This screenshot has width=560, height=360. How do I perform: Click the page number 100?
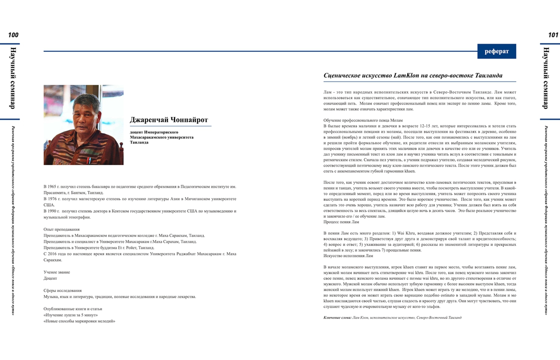point(13,35)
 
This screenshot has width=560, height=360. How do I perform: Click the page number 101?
point(553,35)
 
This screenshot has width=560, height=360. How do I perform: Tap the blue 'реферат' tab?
point(497,52)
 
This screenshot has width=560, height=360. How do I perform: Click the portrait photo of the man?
point(84,125)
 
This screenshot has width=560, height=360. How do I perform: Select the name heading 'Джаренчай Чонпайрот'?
point(169,120)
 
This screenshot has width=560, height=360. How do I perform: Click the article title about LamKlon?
point(413,75)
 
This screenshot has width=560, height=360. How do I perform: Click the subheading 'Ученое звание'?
point(57,272)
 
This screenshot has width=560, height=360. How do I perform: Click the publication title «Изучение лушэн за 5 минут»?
point(71,315)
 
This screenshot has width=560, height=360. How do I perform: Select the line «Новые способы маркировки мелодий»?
point(79,321)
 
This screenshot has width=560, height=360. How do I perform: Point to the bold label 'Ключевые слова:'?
point(337,318)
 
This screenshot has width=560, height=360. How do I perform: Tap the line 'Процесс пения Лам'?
point(341,222)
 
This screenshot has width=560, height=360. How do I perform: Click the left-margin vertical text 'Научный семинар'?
point(13,78)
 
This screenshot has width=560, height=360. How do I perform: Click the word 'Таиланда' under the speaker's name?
point(139,142)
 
